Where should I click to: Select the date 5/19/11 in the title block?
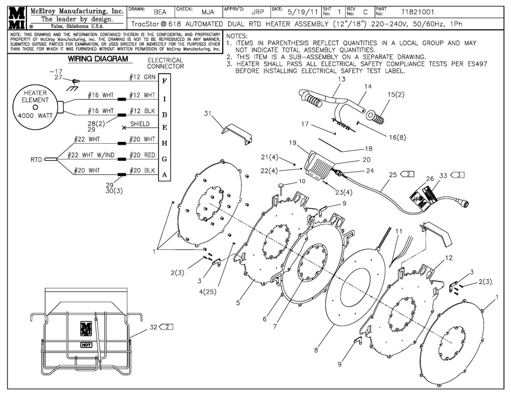pyautogui.click(x=300, y=11)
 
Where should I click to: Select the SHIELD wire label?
pyautogui.click(x=140, y=124)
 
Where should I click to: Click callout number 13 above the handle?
pyautogui.click(x=341, y=79)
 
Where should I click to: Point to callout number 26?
pyautogui.click(x=429, y=179)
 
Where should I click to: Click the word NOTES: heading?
pyautogui.click(x=237, y=36)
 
